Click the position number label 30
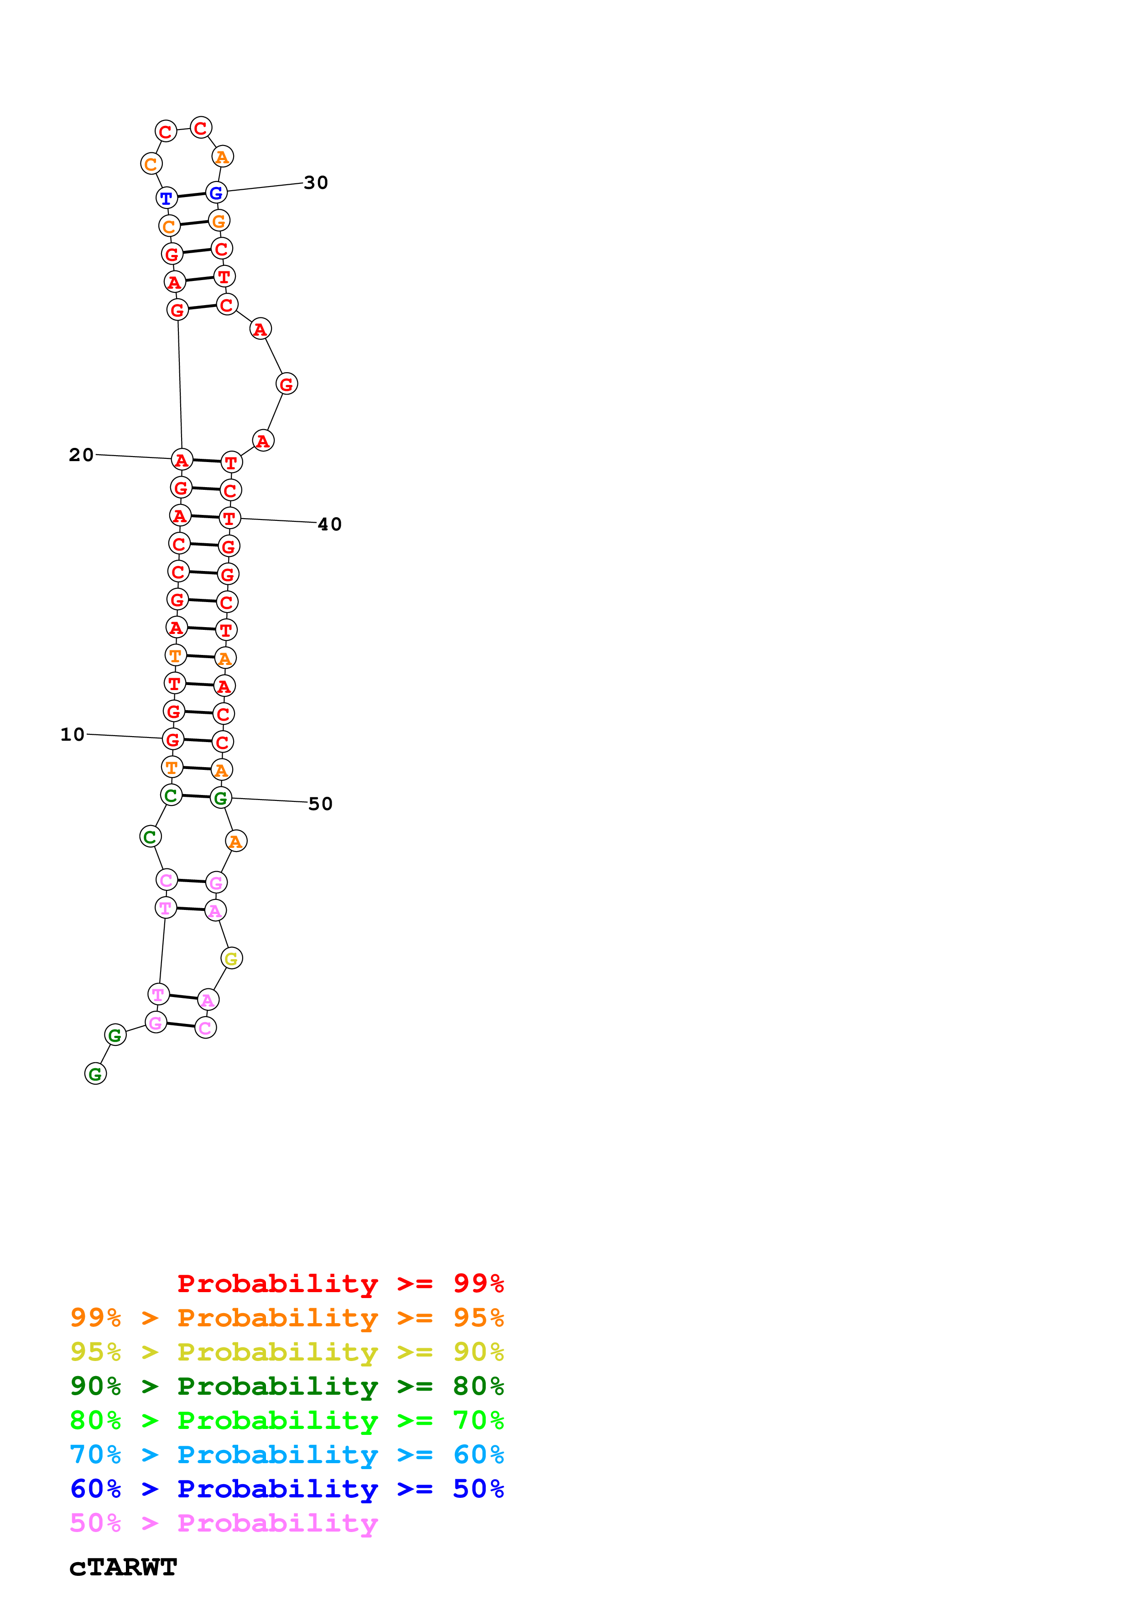tap(316, 182)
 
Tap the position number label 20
tap(81, 455)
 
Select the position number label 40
tap(329, 524)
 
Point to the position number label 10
tap(73, 734)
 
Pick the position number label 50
tap(321, 804)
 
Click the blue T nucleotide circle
tap(167, 198)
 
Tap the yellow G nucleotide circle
tap(231, 959)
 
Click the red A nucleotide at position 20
tap(182, 460)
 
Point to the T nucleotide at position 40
tap(229, 519)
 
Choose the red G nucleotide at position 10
tap(173, 739)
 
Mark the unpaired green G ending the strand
tap(95, 1074)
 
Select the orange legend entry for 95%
tap(287, 1318)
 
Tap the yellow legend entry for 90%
tap(287, 1352)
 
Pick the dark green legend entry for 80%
tap(287, 1386)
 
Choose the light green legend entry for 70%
tap(287, 1420)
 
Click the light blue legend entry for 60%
tap(287, 1455)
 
